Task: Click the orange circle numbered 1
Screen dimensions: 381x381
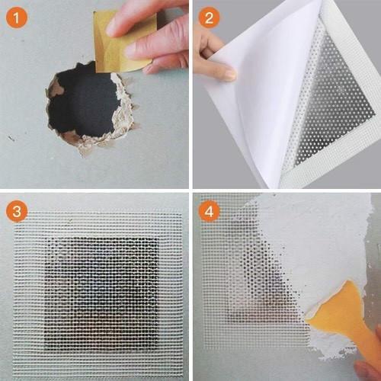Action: tap(16, 18)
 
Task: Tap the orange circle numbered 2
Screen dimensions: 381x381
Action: tap(209, 18)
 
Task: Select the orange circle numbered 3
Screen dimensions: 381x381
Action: tap(16, 211)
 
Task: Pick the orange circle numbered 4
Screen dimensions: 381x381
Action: tap(209, 211)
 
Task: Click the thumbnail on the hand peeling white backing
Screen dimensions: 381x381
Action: tap(230, 75)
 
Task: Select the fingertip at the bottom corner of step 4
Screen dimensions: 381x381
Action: tap(368, 371)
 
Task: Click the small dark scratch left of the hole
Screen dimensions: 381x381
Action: tap(11, 139)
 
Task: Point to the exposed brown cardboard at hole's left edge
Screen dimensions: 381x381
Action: tap(56, 88)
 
